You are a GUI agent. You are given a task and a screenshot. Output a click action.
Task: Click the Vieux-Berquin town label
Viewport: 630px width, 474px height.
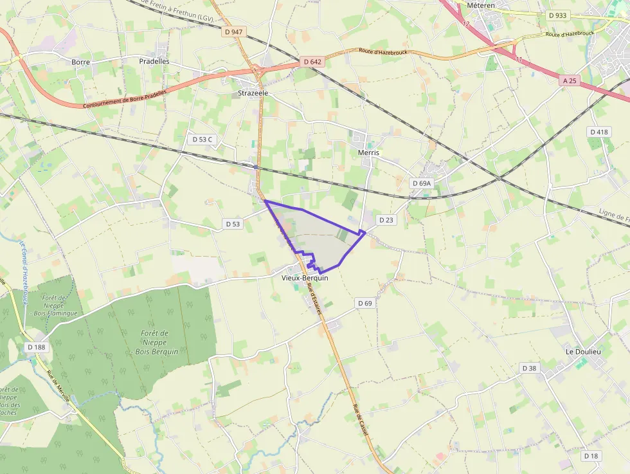tap(305, 278)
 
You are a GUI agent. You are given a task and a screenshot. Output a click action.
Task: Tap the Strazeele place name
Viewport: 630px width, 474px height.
tap(253, 93)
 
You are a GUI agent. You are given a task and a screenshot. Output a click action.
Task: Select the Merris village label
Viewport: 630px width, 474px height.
tap(368, 153)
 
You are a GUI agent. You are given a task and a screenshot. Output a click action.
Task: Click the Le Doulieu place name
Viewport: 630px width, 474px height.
tap(582, 352)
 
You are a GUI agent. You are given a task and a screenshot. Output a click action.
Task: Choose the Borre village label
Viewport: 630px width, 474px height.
tap(81, 62)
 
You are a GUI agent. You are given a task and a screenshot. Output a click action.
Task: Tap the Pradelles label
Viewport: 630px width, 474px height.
tap(154, 61)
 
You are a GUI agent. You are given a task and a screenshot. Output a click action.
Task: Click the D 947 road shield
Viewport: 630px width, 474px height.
tap(233, 31)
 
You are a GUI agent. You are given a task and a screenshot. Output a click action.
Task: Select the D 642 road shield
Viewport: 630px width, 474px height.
tap(312, 62)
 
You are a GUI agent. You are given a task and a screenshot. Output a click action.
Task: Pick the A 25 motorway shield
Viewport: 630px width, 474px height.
tap(570, 81)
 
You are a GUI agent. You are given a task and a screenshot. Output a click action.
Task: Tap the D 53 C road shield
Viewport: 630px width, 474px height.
tap(202, 139)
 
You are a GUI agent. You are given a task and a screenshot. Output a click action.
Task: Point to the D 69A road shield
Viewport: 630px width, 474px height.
tap(421, 183)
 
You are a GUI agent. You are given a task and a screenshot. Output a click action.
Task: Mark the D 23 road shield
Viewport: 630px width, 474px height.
tap(386, 220)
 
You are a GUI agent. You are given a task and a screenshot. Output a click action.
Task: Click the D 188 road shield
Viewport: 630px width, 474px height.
tap(37, 347)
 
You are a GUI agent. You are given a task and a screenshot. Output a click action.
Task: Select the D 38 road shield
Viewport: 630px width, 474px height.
tap(529, 368)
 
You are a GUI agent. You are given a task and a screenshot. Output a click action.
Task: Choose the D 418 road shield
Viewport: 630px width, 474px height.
tap(598, 132)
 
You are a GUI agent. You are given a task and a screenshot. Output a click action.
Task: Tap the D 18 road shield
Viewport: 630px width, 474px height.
tap(591, 455)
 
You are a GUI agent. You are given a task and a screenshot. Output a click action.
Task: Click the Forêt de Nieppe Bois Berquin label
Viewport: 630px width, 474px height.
tap(155, 342)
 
